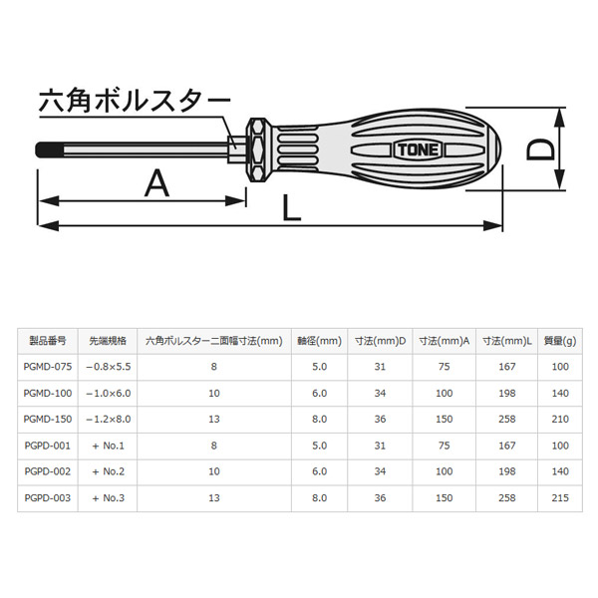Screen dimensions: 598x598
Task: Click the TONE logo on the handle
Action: pyautogui.click(x=418, y=149)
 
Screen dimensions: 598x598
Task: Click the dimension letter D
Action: pyautogui.click(x=539, y=149)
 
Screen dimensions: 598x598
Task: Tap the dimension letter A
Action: pyautogui.click(x=156, y=183)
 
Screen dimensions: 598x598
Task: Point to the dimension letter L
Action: pyautogui.click(x=291, y=207)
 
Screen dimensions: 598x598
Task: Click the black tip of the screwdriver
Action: pyautogui.click(x=49, y=149)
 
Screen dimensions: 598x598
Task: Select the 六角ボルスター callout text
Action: pyautogui.click(x=135, y=101)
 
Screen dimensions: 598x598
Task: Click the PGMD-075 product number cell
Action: pyautogui.click(x=48, y=367)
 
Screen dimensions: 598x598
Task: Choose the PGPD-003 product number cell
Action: pyautogui.click(x=48, y=497)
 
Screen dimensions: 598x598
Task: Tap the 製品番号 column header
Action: pyautogui.click(x=48, y=341)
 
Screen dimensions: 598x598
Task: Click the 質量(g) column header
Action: pyautogui.click(x=560, y=341)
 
